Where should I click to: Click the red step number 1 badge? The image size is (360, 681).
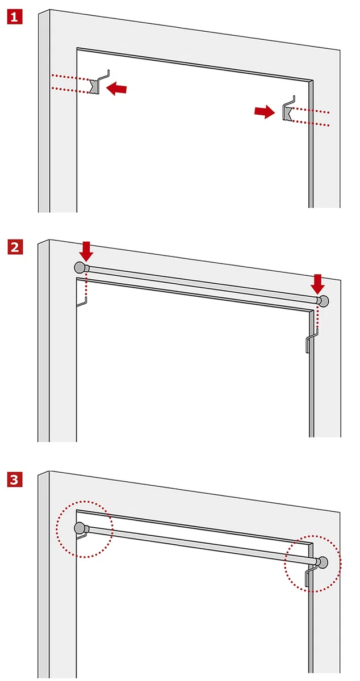tap(15, 16)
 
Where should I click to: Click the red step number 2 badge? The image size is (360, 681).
tap(15, 247)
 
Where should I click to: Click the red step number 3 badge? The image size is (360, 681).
tap(15, 480)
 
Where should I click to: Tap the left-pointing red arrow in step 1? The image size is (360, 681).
tap(116, 89)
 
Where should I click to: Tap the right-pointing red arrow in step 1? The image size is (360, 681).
tap(265, 112)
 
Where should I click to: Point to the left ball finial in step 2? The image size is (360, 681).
tap(79, 267)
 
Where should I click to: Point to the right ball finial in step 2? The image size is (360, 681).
tap(324, 301)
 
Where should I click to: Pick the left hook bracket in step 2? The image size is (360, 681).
tap(82, 301)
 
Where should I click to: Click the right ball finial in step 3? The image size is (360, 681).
tap(323, 562)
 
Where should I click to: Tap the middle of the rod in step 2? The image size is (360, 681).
tap(202, 284)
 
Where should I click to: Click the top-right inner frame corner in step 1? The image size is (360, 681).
tap(312, 81)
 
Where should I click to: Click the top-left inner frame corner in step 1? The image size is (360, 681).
tap(77, 48)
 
